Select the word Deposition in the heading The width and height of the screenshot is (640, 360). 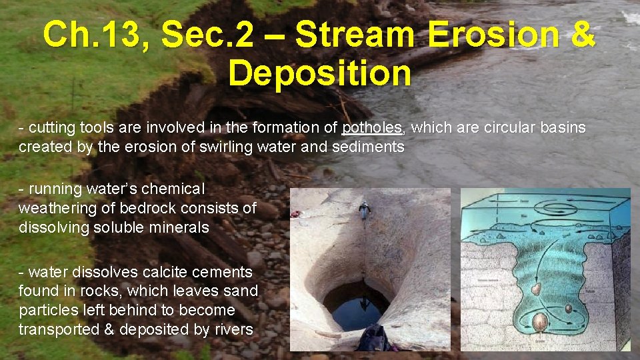pos(320,73)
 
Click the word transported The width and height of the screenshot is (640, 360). pos(57,329)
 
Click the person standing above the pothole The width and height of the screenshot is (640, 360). pos(364,211)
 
